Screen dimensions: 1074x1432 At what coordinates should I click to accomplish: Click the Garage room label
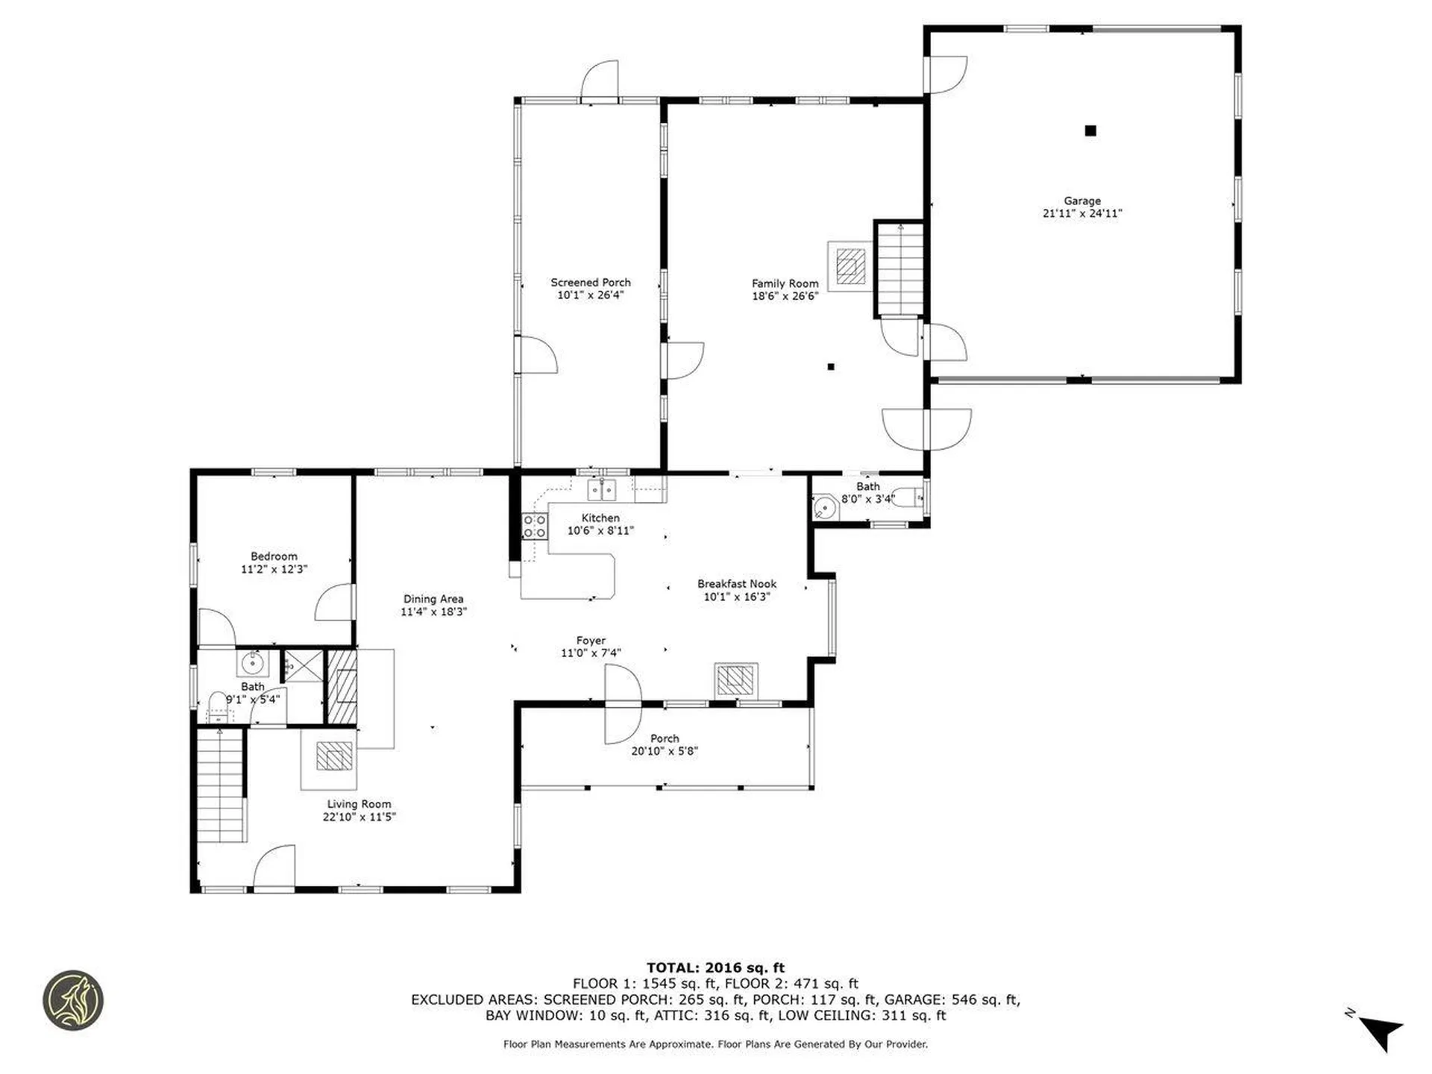click(x=1081, y=201)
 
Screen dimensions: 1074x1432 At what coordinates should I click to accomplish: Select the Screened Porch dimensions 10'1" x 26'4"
click(x=590, y=295)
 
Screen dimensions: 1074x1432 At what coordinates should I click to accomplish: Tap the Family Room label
click(x=785, y=283)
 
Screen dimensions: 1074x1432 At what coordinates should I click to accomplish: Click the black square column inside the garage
click(x=1090, y=131)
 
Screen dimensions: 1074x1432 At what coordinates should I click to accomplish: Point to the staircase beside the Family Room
click(x=900, y=268)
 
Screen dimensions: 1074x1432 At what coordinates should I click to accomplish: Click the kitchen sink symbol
click(x=602, y=490)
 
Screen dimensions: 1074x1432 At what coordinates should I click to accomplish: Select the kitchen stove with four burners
click(x=534, y=526)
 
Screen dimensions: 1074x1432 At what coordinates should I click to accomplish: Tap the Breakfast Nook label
click(x=736, y=584)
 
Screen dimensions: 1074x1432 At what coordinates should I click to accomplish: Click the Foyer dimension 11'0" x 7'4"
click(x=591, y=653)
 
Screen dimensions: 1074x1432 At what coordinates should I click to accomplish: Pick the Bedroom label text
click(x=274, y=556)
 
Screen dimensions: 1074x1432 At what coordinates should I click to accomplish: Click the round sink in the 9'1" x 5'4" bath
click(x=253, y=662)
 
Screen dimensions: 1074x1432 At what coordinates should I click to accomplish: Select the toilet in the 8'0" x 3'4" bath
click(x=908, y=497)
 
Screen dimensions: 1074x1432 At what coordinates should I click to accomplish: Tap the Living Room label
click(x=359, y=804)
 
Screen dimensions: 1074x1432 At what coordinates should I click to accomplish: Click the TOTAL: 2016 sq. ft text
click(x=715, y=968)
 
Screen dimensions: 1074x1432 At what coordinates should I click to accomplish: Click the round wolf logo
click(x=72, y=1000)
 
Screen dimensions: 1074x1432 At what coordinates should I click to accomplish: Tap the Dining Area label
click(x=433, y=599)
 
